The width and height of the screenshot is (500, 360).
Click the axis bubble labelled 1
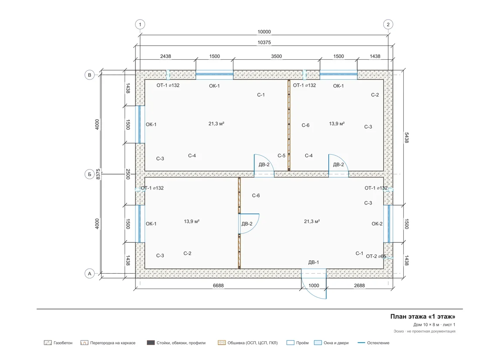click(140, 24)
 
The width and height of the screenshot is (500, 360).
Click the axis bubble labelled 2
click(388, 24)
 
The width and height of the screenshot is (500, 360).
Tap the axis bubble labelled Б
click(90, 174)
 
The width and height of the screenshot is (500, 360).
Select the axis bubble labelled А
click(90, 274)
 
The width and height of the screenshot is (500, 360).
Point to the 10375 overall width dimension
click(264, 42)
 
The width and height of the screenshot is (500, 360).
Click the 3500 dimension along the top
click(277, 56)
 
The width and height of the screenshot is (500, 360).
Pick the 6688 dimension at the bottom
click(219, 285)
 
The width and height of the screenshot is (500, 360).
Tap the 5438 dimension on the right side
click(406, 138)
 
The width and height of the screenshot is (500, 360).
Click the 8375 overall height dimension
click(98, 174)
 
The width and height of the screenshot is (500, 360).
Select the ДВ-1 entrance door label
click(314, 262)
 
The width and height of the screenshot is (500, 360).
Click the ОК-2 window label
click(377, 224)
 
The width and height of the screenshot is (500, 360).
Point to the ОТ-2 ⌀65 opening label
click(376, 256)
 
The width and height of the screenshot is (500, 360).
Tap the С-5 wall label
click(281, 156)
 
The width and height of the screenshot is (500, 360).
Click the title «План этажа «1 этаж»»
click(423, 316)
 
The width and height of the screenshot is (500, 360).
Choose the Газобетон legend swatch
click(48, 343)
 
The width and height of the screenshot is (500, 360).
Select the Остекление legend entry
click(373, 343)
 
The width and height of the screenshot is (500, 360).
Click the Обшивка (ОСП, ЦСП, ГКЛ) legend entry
click(248, 343)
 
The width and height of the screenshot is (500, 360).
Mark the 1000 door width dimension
click(314, 285)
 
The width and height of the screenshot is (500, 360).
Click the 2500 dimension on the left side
click(128, 174)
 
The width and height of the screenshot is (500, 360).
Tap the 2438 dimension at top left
click(166, 56)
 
